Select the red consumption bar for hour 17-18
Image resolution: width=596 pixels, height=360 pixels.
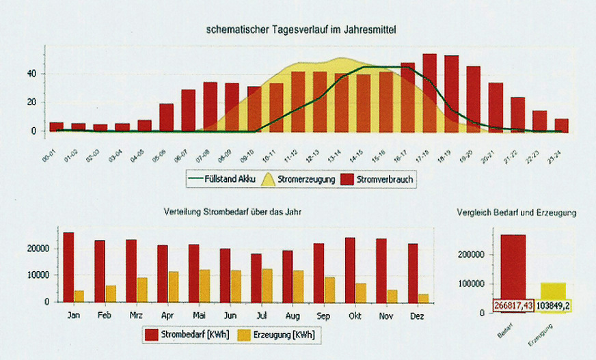429,92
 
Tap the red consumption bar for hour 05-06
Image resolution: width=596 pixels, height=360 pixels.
166,117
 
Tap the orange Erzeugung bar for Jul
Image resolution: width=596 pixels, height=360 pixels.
267,285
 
